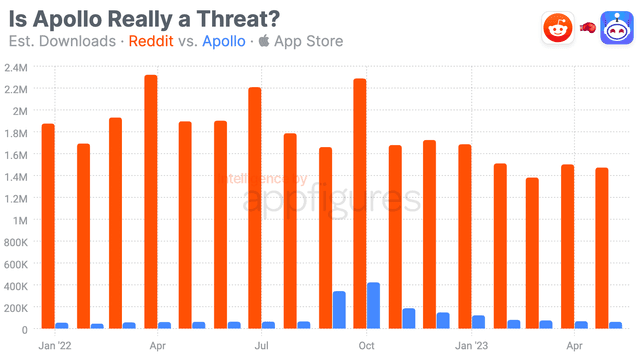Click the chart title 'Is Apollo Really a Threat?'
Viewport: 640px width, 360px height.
(144, 18)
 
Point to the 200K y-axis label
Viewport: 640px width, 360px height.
(19, 307)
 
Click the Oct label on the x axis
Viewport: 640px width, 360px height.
(366, 345)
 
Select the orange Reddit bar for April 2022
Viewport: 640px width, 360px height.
(151, 201)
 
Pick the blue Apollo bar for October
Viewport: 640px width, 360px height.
(373, 305)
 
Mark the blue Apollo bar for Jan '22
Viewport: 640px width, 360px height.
(61, 325)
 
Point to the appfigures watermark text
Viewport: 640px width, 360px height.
(331, 197)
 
